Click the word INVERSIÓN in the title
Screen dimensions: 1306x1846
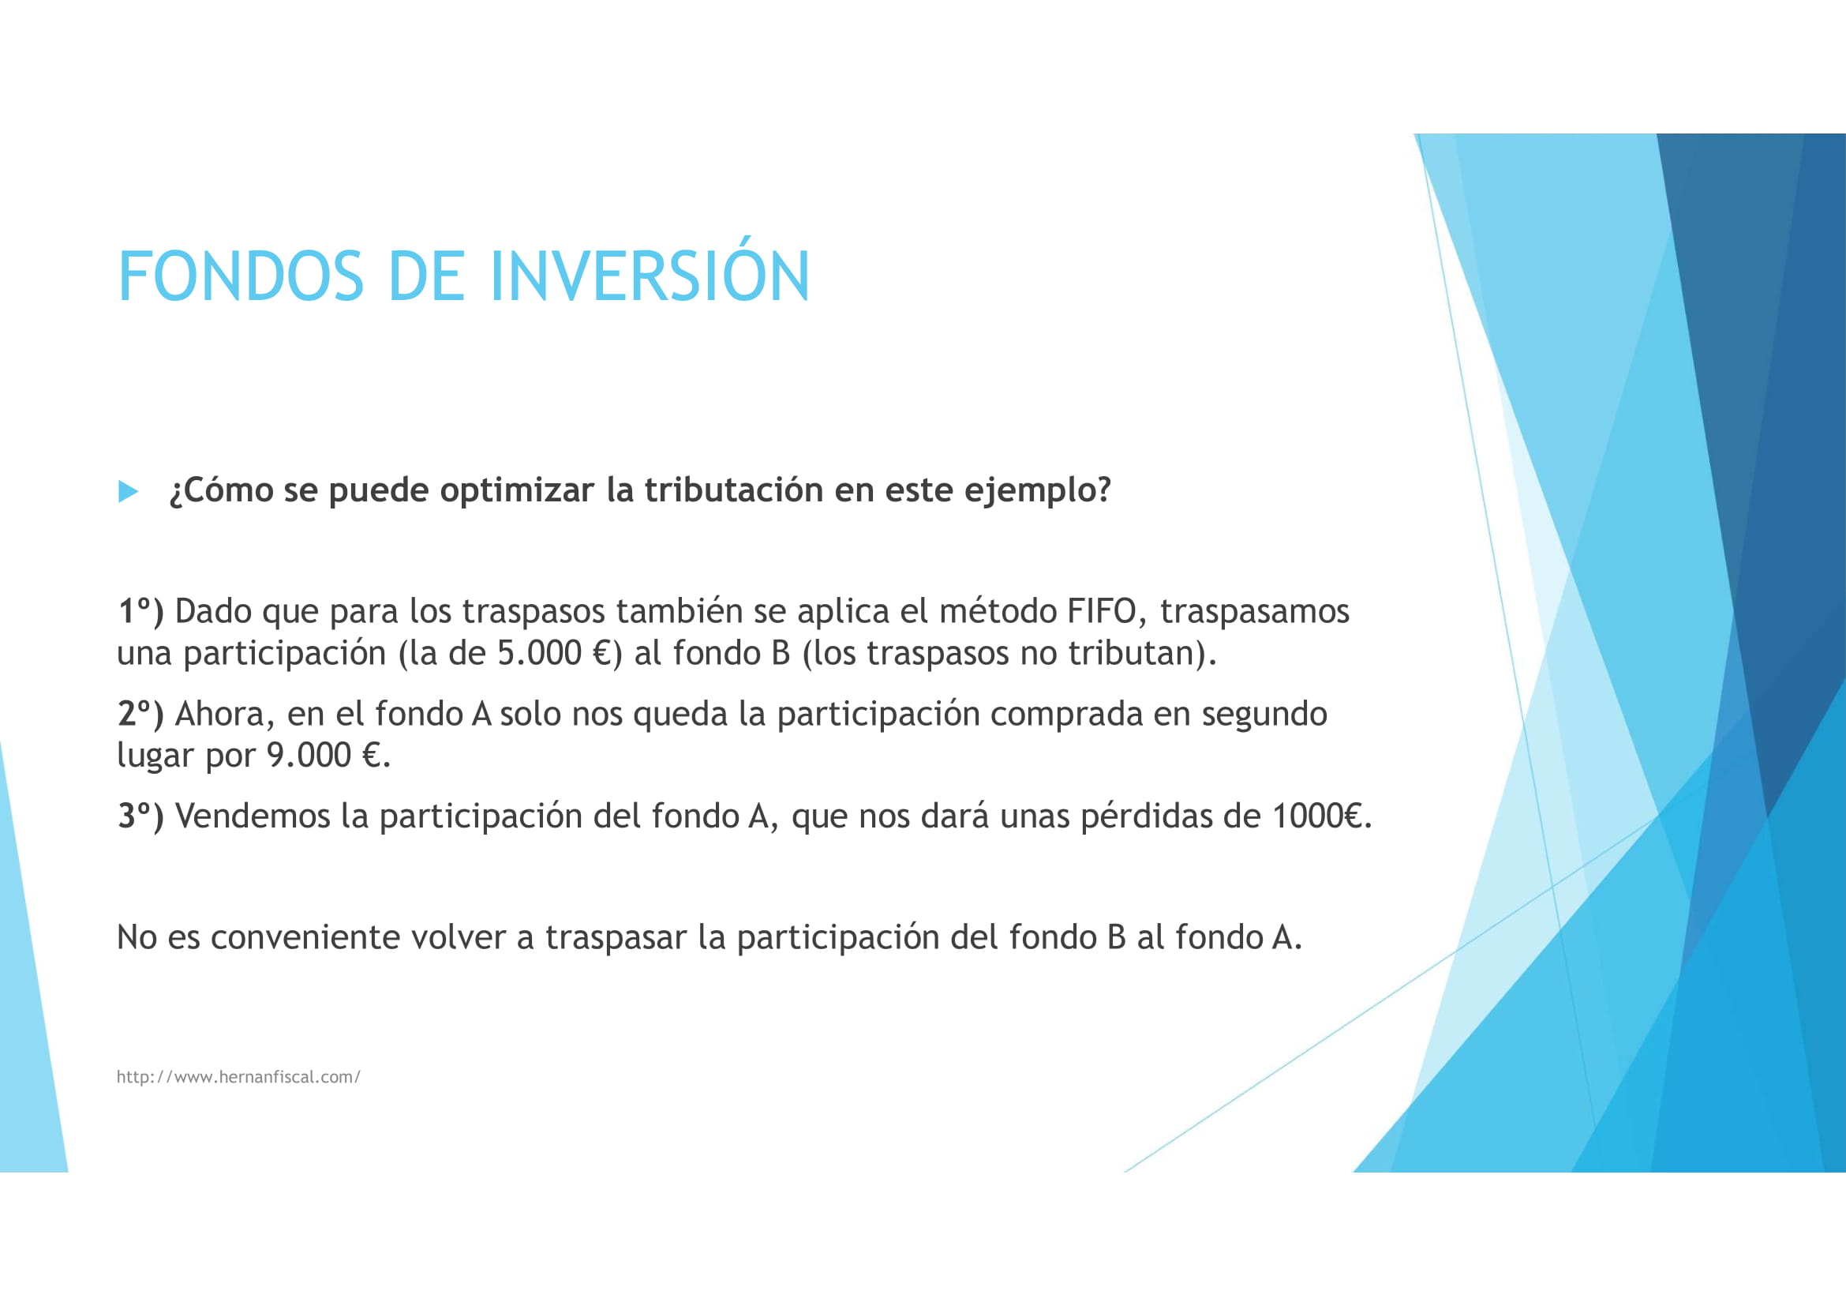[649, 276]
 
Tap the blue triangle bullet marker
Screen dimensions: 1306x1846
[128, 491]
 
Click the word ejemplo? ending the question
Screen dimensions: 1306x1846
[1036, 490]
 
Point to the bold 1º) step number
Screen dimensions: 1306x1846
[140, 611]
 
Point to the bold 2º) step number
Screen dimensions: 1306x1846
[140, 713]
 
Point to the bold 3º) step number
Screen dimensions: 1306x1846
[140, 816]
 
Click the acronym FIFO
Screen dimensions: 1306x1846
[1101, 611]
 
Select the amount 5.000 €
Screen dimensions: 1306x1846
[555, 653]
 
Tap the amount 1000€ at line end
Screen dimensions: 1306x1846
[1318, 816]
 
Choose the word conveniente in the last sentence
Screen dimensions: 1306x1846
[305, 937]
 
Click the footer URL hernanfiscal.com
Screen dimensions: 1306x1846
[238, 1077]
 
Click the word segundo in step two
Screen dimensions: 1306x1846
[1263, 713]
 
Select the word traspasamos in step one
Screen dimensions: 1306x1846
[1253, 611]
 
